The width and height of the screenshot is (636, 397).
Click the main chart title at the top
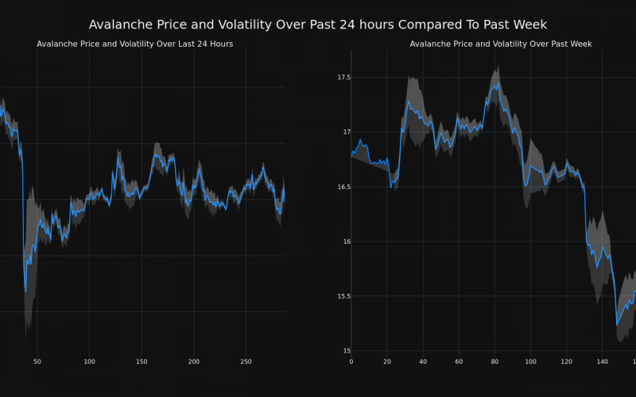(x=318, y=25)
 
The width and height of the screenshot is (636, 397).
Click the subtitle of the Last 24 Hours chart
(x=134, y=44)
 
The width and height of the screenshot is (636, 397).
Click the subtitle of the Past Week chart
(x=501, y=44)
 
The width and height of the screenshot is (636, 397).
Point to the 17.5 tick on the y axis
(x=343, y=77)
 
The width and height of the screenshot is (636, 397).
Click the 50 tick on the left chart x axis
(x=37, y=362)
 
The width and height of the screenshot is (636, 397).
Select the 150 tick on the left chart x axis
(x=142, y=362)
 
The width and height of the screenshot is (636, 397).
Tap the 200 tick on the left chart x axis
(x=194, y=362)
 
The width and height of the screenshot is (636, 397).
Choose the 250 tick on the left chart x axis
(x=246, y=362)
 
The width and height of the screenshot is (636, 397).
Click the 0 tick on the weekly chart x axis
(x=351, y=362)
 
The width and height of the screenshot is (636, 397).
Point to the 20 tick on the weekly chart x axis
(x=387, y=362)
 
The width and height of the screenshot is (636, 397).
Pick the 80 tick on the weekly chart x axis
(x=494, y=362)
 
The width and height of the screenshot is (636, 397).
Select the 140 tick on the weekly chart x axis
(x=602, y=362)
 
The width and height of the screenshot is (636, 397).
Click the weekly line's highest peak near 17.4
(x=497, y=83)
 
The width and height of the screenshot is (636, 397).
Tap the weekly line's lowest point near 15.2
(x=617, y=325)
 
